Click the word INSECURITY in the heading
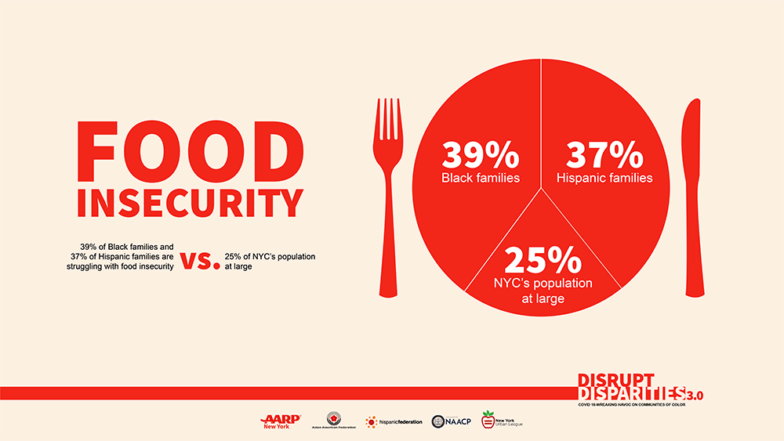(x=190, y=202)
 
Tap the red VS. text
(x=200, y=261)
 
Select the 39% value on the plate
(x=480, y=154)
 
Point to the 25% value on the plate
(x=543, y=260)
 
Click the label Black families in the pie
(x=480, y=178)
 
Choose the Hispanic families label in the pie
(x=604, y=178)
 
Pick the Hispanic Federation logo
(x=394, y=421)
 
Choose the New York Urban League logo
(x=502, y=421)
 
